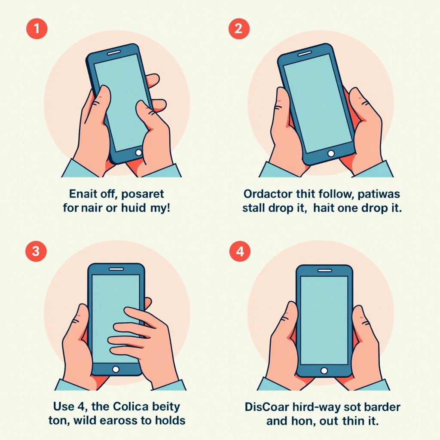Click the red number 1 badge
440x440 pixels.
click(x=37, y=29)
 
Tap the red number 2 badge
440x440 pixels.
click(x=239, y=29)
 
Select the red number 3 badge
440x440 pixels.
click(x=36, y=251)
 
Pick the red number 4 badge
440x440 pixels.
click(x=240, y=251)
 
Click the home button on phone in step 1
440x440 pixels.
click(x=138, y=153)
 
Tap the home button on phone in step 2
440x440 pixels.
click(x=331, y=153)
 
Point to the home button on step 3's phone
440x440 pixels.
click(x=116, y=369)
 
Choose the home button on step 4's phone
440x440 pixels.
click(x=324, y=371)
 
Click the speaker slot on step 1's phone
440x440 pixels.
click(x=114, y=52)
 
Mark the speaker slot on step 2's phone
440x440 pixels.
click(x=305, y=53)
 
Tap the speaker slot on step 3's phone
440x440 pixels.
click(x=116, y=269)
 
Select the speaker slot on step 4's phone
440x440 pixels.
click(x=325, y=271)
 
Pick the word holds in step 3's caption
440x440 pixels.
click(x=170, y=420)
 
